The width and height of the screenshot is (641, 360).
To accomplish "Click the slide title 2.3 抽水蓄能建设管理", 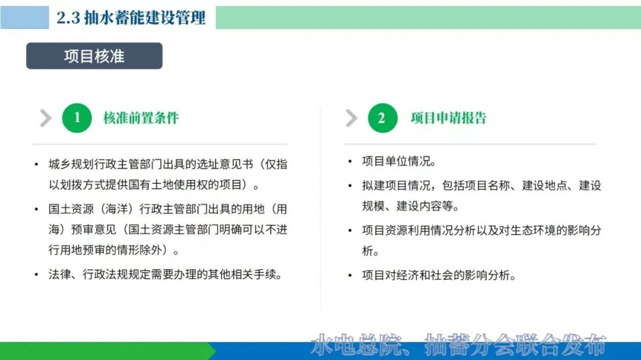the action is (x=131, y=18).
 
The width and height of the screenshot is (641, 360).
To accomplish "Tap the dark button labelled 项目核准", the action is (x=94, y=56).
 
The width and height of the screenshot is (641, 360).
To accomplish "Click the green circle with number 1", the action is (x=77, y=117).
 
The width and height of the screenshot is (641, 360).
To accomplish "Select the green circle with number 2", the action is (x=383, y=117).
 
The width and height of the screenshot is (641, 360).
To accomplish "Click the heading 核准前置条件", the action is (x=141, y=118).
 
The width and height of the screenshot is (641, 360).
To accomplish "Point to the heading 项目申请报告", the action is (x=449, y=118).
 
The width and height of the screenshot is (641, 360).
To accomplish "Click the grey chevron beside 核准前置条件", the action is (x=46, y=118).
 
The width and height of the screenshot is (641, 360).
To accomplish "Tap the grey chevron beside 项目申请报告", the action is (x=351, y=118).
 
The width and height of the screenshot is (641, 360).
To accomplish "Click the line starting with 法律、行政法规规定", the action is (x=165, y=274).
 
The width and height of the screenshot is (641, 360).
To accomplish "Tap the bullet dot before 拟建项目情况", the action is (x=350, y=186).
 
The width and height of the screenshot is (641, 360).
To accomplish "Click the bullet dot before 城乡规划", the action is (x=36, y=165).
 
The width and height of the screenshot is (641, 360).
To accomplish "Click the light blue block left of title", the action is (x=24, y=18).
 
